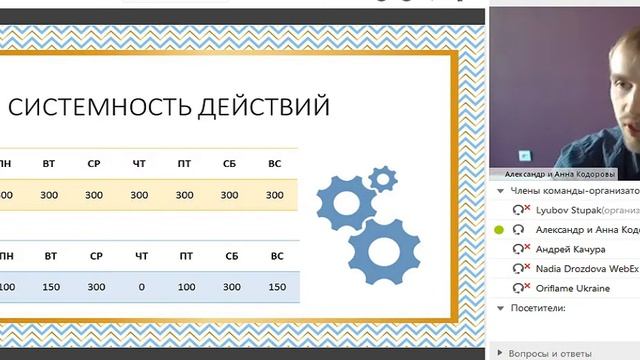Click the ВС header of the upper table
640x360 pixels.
click(276, 163)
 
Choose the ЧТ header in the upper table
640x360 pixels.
click(140, 163)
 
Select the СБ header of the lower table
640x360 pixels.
click(231, 257)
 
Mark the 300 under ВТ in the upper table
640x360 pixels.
click(49, 195)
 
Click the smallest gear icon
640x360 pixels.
click(381, 179)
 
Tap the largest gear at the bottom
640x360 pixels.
click(385, 251)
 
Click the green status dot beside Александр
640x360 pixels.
click(499, 230)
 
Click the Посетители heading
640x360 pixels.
click(537, 308)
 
